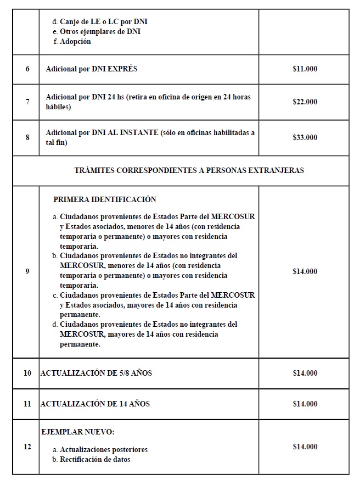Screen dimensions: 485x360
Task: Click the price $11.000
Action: pyautogui.click(x=305, y=69)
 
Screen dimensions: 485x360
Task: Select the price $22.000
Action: pyautogui.click(x=305, y=102)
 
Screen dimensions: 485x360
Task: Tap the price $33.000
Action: pyautogui.click(x=305, y=137)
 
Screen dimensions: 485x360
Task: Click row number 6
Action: pyautogui.click(x=27, y=69)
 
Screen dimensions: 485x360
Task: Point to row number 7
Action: pyautogui.click(x=27, y=102)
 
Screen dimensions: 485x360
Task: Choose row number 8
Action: pyautogui.click(x=27, y=137)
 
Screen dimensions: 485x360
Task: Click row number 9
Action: pyautogui.click(x=27, y=271)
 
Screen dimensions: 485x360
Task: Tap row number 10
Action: pyautogui.click(x=27, y=373)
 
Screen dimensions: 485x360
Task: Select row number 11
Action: pyautogui.click(x=27, y=404)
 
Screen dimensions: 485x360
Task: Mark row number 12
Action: pyautogui.click(x=27, y=447)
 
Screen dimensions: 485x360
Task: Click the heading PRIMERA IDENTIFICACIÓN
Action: pyautogui.click(x=105, y=199)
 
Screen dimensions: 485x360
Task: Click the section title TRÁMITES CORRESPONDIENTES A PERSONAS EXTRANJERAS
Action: pyautogui.click(x=189, y=170)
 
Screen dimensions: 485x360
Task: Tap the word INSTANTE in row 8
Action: pyautogui.click(x=138, y=132)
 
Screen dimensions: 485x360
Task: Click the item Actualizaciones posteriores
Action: pyautogui.click(x=103, y=449)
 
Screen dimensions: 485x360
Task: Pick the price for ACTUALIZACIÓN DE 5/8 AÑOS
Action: pyautogui.click(x=305, y=373)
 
